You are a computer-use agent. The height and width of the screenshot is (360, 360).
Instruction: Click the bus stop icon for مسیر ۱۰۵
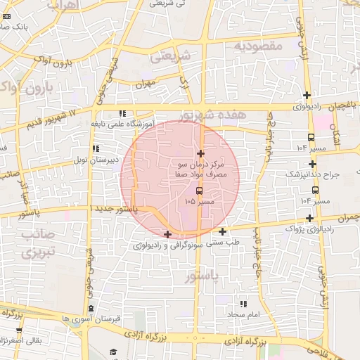200,190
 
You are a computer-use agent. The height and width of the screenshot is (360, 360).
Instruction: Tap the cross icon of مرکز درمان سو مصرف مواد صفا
200,153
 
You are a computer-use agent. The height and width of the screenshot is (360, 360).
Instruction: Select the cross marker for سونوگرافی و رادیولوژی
167,234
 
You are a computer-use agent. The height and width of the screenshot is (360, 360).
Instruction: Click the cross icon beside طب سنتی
223,231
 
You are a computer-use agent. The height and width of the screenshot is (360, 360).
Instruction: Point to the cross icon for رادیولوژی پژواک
309,218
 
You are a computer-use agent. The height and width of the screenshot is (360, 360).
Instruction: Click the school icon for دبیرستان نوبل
96,148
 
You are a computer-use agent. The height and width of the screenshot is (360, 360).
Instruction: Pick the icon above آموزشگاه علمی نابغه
122,112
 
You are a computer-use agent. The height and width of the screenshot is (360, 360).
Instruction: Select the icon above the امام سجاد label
243,304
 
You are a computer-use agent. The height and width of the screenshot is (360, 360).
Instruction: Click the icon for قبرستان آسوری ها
91,308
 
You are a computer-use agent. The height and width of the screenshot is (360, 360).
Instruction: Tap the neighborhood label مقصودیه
257,46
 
